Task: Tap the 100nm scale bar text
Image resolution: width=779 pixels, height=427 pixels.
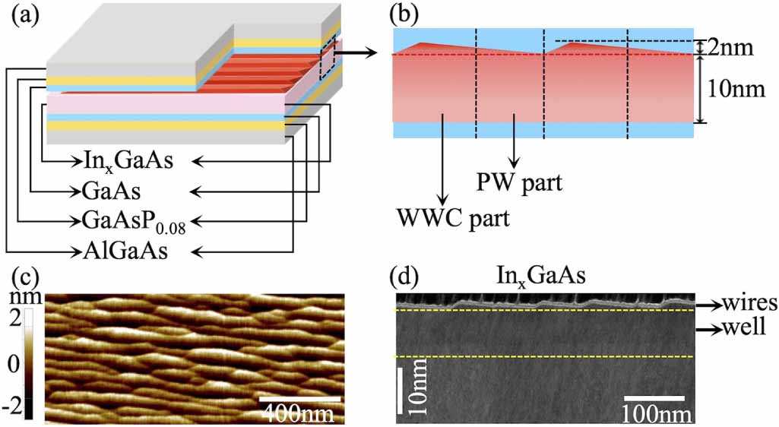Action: [x=657, y=413]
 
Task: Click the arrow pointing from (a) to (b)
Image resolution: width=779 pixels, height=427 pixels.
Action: [x=357, y=53]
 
